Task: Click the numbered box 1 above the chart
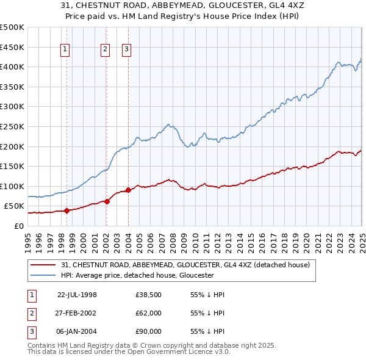(65, 50)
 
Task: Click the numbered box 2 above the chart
(105, 50)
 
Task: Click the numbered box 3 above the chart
(126, 50)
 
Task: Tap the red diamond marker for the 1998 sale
(66, 211)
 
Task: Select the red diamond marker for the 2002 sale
(107, 201)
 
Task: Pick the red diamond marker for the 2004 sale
(128, 190)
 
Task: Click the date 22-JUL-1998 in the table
(77, 294)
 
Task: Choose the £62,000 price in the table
(148, 312)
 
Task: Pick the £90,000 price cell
(148, 331)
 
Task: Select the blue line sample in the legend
(44, 275)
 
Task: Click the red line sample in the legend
(44, 265)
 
